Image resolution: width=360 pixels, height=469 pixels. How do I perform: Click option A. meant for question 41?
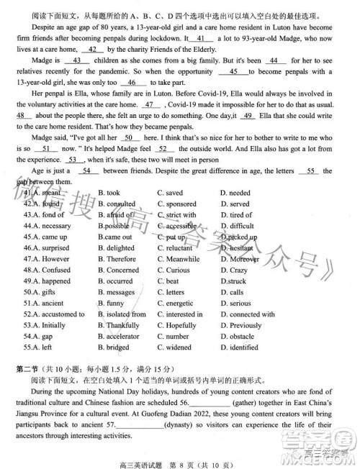(45, 193)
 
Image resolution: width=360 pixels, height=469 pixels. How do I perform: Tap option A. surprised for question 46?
(47, 248)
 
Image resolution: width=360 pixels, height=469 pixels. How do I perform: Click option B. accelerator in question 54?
(118, 336)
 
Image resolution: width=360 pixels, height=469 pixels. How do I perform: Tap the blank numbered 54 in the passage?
(87, 170)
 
